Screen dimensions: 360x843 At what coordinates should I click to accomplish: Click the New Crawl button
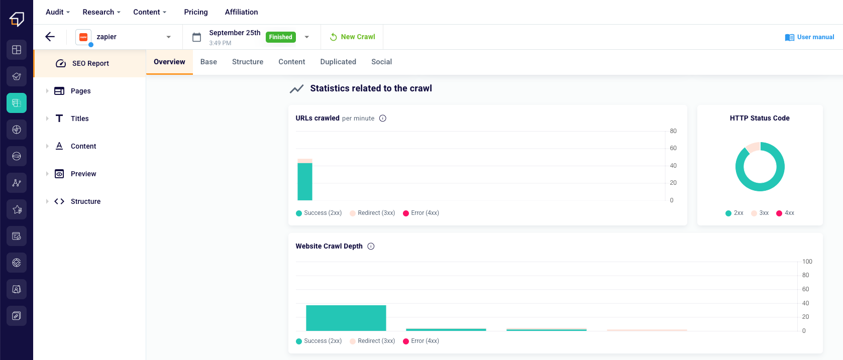point(353,37)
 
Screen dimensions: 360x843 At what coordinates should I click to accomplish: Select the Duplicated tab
point(338,62)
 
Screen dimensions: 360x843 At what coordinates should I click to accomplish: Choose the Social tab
point(381,62)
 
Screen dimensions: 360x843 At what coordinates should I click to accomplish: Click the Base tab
point(208,62)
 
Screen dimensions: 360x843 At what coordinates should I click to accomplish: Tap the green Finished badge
point(280,37)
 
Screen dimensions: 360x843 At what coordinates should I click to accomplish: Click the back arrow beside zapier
point(50,37)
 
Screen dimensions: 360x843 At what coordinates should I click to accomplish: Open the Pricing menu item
point(196,12)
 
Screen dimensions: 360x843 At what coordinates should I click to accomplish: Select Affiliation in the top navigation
point(241,12)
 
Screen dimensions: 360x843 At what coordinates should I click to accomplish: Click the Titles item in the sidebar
point(79,118)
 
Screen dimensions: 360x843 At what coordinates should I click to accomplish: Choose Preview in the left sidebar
point(83,174)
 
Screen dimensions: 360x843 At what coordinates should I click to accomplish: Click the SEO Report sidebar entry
point(90,63)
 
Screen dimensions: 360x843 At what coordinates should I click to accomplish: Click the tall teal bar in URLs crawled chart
point(305,181)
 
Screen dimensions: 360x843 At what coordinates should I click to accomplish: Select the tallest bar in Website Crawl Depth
point(346,318)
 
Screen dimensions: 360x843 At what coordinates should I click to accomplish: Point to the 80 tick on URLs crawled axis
point(673,131)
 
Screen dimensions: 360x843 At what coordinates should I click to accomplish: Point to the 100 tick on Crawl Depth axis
point(807,262)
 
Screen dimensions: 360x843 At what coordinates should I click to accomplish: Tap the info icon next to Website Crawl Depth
point(371,246)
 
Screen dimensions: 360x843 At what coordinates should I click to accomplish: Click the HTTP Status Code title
point(760,118)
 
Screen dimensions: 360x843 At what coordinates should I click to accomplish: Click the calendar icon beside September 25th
point(197,37)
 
